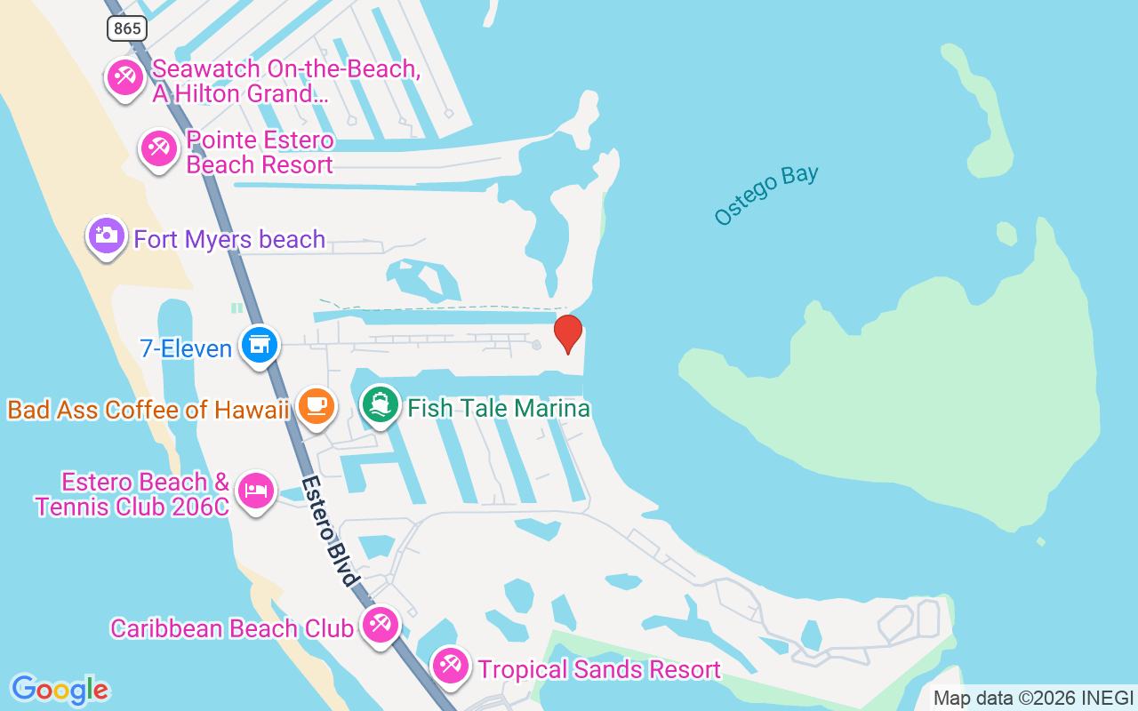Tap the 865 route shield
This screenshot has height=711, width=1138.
[x=127, y=28]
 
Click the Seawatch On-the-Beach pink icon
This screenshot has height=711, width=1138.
[x=124, y=78]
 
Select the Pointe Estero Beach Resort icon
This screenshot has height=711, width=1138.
[x=159, y=148]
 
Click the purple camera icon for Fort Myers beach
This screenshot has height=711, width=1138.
[x=107, y=236]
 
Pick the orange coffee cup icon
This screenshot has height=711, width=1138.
[x=316, y=405]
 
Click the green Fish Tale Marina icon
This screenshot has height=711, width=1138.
[x=381, y=405]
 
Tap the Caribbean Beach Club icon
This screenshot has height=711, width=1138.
[x=381, y=625]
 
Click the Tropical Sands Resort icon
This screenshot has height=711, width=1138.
[x=451, y=667]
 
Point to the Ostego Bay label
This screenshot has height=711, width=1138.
[x=765, y=195]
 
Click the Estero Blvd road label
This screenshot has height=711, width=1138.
[x=331, y=531]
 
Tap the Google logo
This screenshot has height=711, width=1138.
[x=60, y=690]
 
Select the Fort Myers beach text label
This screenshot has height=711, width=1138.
[x=229, y=239]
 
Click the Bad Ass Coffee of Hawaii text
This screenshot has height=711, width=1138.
[x=148, y=410]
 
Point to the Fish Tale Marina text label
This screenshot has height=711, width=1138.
[x=499, y=408]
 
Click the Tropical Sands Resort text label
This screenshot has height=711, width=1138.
[x=599, y=669]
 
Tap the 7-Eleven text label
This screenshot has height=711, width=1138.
[x=186, y=348]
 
